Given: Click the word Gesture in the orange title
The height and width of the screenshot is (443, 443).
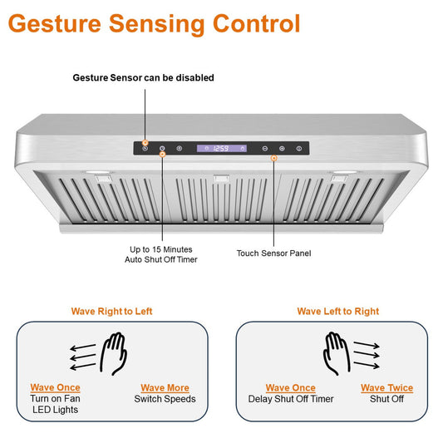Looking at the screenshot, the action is pos(55,25).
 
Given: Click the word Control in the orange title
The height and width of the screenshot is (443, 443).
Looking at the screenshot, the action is pos(256,23).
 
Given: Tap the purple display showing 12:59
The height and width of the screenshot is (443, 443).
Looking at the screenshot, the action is pos(222,148).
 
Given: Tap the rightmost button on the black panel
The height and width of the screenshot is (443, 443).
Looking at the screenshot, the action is pos(299,148).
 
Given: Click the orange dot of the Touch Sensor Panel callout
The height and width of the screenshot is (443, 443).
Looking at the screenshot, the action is pos(273,158).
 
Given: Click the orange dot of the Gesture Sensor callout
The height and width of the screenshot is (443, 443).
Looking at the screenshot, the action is pos(145,143).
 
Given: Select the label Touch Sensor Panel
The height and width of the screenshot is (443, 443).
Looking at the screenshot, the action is pos(273,253).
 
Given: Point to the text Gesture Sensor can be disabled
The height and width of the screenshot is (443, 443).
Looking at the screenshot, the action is pos(143,77).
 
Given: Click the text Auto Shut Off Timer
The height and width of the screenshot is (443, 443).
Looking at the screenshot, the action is pos(161,259).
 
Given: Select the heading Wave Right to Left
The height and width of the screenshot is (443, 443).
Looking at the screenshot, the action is pos(112,312).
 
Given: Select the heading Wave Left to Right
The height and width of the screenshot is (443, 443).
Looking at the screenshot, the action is pos(338,312).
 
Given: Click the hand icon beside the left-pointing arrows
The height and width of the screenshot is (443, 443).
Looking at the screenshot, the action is pos(114,353).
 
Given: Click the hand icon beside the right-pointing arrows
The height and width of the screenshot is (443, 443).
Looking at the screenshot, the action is pos(337,353).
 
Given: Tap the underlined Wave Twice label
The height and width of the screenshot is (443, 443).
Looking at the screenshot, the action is pos(386,387).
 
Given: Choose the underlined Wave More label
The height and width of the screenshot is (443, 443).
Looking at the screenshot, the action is pos(165,387).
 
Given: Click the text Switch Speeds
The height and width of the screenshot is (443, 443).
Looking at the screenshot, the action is pos(165,399).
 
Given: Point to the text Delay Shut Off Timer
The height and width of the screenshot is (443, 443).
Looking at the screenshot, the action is pos(291,399).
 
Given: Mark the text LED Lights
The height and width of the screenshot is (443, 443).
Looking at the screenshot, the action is pos(55,410).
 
